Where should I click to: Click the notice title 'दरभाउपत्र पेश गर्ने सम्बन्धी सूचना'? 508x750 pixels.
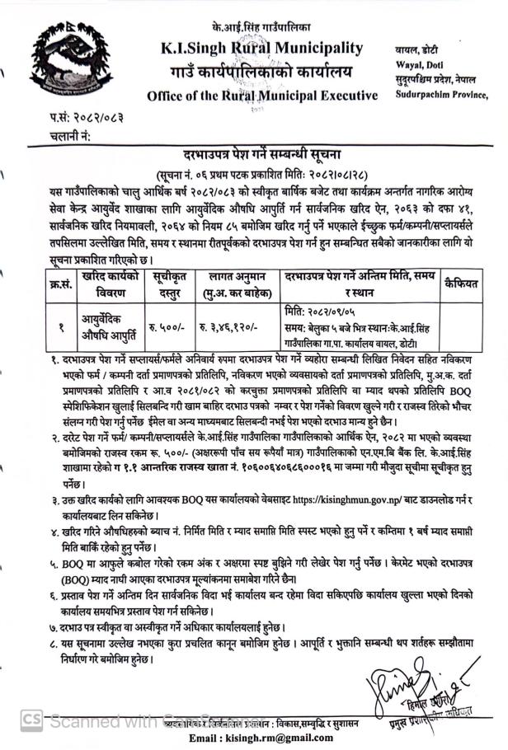pyautogui.click(x=255, y=156)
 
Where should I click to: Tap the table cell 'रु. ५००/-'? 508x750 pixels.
pyautogui.click(x=172, y=326)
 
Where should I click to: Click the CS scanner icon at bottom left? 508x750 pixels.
pyautogui.click(x=31, y=720)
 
